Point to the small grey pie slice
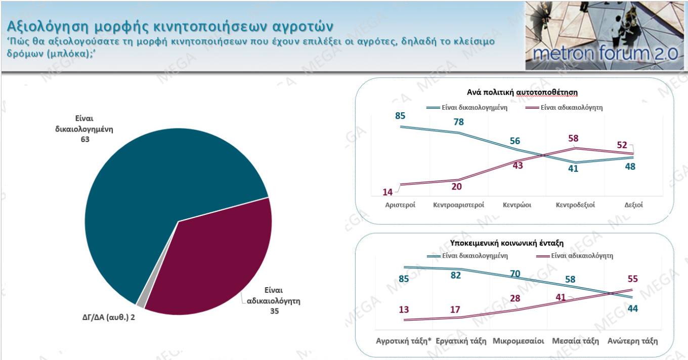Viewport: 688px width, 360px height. (141, 302)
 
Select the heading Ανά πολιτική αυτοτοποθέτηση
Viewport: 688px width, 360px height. (522, 92)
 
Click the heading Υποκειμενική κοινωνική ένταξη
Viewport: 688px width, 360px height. (507, 243)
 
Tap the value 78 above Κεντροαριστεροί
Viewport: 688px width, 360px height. (458, 122)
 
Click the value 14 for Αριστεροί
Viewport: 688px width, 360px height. (388, 192)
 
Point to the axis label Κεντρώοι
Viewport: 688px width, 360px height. (517, 205)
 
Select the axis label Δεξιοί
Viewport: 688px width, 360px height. (633, 205)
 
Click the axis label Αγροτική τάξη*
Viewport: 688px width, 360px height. (403, 341)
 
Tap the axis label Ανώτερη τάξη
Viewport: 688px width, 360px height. (632, 341)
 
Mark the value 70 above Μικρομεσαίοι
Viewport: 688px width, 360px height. (514, 274)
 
